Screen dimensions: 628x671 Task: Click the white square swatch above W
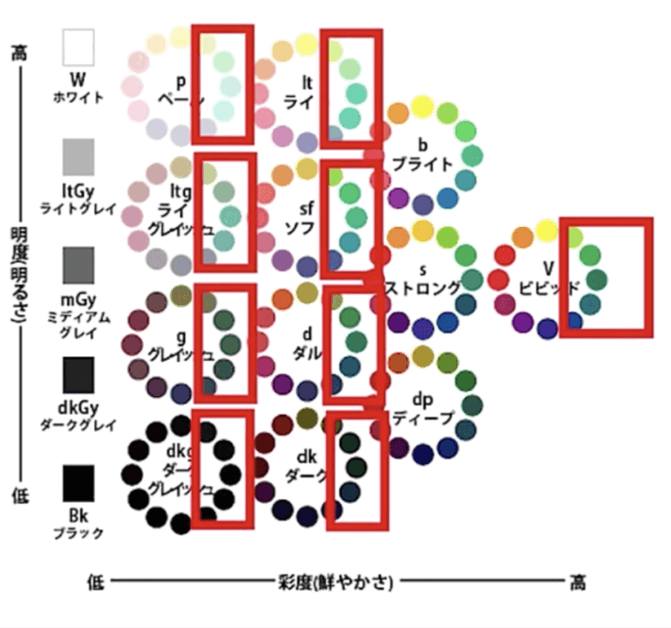pos(78,47)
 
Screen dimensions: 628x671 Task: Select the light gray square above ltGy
pos(78,156)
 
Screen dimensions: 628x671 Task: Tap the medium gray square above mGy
pos(78,265)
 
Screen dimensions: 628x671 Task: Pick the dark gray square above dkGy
pos(78,375)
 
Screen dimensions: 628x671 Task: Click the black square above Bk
pos(78,484)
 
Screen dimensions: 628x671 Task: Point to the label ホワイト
pos(78,97)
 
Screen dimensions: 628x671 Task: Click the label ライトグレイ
pos(78,208)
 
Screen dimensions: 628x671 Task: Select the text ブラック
pos(78,533)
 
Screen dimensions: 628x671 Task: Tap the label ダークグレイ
pos(78,424)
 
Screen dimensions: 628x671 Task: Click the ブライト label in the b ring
pos(422,163)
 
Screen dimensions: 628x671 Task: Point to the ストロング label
pos(422,287)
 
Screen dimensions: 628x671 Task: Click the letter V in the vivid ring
pos(548,267)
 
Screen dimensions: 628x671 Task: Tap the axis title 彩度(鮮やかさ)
pos(335,583)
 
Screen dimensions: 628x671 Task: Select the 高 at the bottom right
pos(577,583)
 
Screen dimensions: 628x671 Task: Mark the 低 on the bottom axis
pos(95,583)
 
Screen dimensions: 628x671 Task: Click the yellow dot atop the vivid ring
pos(546,229)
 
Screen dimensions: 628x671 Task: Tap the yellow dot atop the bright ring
pos(422,106)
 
